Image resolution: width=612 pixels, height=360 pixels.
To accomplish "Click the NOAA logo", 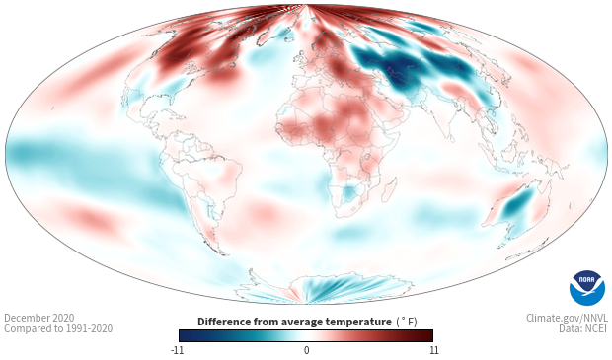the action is pyautogui.click(x=586, y=287).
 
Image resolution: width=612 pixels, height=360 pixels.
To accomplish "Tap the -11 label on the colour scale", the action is pyautogui.click(x=177, y=350).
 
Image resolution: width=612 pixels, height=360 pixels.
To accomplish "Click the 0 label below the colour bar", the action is pyautogui.click(x=306, y=350).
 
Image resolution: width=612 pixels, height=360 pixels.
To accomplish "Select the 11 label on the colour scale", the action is pyautogui.click(x=434, y=350).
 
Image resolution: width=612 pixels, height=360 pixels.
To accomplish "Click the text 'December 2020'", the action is pyautogui.click(x=39, y=318).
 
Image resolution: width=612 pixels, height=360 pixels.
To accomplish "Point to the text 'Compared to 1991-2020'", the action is pyautogui.click(x=58, y=328).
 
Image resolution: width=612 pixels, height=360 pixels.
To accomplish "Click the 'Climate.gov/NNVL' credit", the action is pyautogui.click(x=567, y=318).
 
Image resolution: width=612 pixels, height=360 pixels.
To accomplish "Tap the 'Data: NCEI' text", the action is pyautogui.click(x=583, y=328).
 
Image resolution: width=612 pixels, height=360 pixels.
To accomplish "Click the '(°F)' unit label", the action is pyautogui.click(x=407, y=323).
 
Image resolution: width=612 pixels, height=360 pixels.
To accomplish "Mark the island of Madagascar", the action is pyautogui.click(x=389, y=189).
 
